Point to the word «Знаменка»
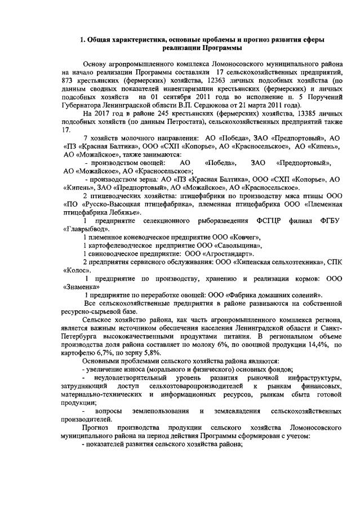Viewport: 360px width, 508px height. pos(84,286)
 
